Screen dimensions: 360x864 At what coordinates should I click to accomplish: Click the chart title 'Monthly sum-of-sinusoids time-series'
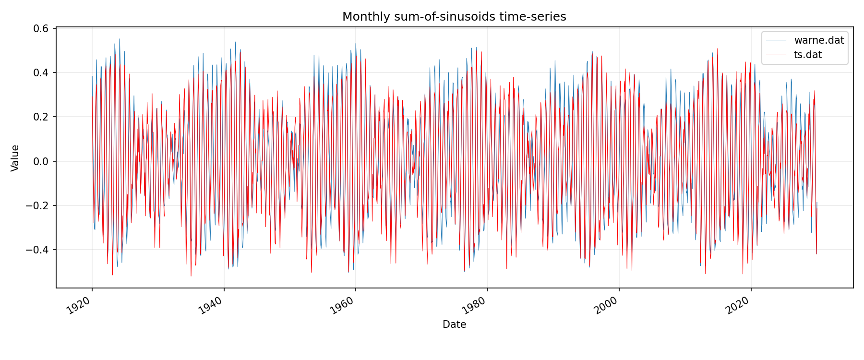point(454,17)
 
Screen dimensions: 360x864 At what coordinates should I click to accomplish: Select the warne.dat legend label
point(819,40)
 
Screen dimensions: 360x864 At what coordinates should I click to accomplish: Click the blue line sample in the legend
point(776,40)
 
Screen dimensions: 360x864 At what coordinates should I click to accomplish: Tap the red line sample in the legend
point(776,55)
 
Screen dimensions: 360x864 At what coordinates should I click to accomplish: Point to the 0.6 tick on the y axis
point(42,29)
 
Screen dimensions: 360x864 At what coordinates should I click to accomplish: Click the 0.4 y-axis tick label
point(42,73)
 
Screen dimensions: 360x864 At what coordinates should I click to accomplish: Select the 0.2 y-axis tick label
point(42,117)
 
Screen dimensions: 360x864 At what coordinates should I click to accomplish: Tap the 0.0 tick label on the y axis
point(42,161)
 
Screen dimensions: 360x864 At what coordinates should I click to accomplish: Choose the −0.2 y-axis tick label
point(38,206)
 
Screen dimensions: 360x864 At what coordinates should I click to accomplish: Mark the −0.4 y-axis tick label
point(38,250)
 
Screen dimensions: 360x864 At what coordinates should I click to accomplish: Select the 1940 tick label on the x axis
point(211,306)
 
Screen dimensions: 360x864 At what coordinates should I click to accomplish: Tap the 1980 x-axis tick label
point(475,306)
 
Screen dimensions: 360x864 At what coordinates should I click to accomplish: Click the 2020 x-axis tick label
point(738,306)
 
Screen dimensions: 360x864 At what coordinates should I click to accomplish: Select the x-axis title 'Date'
point(454,324)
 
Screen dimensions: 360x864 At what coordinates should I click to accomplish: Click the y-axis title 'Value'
point(15,158)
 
